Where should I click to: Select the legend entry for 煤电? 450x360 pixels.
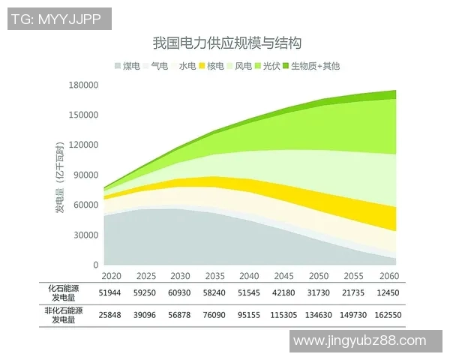(127, 66)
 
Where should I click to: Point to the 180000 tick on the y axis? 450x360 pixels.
(84, 85)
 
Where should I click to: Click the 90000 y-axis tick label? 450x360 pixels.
(86, 175)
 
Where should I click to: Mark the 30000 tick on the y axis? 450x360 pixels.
(86, 235)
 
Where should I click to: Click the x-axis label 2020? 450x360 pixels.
(111, 276)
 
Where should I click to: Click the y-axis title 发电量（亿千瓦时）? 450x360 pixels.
(59, 175)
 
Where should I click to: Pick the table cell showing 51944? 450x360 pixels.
(111, 292)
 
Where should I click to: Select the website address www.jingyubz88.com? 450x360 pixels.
(367, 341)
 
